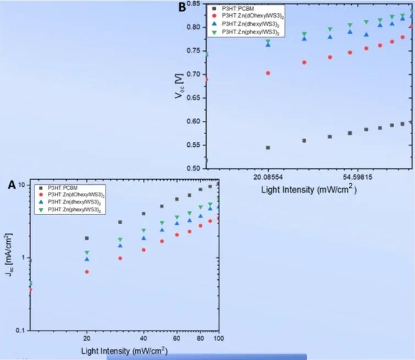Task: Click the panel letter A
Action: pyautogui.click(x=12, y=186)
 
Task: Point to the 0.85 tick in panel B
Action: pyautogui.click(x=193, y=4)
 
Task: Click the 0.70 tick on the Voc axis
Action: pyautogui.click(x=193, y=74)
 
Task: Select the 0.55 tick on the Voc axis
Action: pyautogui.click(x=193, y=145)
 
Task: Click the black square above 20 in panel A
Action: pyautogui.click(x=87, y=238)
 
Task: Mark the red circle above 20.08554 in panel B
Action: pyautogui.click(x=268, y=73)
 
